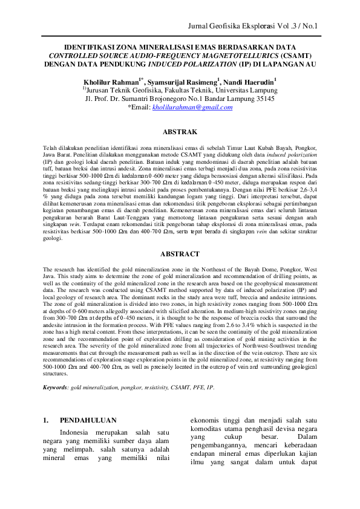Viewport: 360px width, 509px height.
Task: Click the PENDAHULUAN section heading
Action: (x=87, y=418)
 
